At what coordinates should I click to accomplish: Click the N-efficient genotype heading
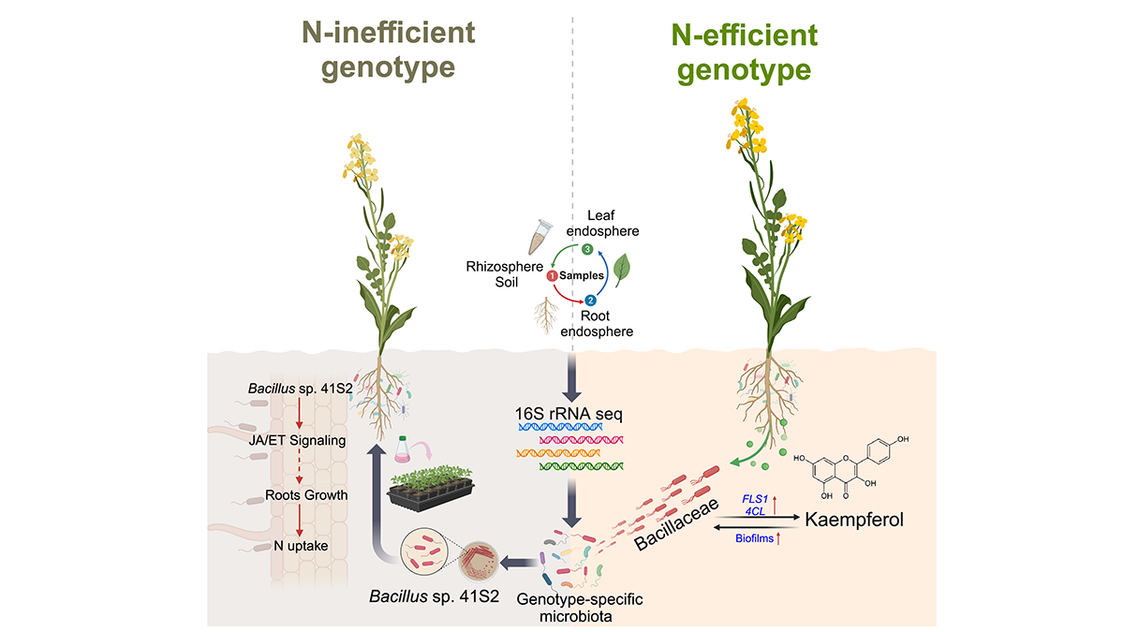click(x=746, y=52)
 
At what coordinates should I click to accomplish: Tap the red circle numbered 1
click(x=553, y=275)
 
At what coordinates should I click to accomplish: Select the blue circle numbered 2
click(x=590, y=301)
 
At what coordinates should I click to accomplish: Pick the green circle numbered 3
click(x=587, y=249)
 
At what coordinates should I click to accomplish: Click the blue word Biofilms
click(x=754, y=538)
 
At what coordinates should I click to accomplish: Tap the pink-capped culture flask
click(x=405, y=448)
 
